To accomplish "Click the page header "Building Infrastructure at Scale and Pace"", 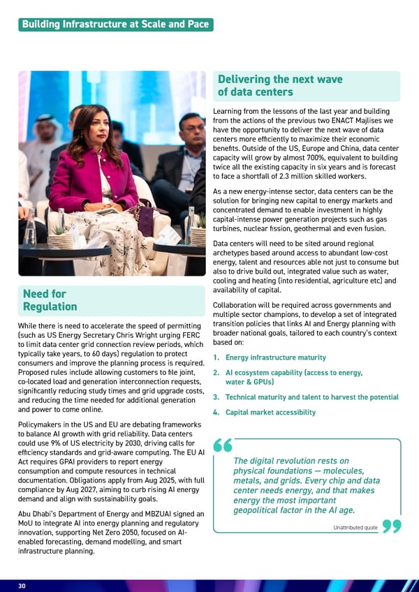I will click(115, 24).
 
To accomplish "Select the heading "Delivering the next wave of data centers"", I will click(280, 86).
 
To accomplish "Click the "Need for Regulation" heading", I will click(50, 300).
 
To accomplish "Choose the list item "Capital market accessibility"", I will click(270, 413).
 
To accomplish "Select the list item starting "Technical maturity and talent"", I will click(311, 397).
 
